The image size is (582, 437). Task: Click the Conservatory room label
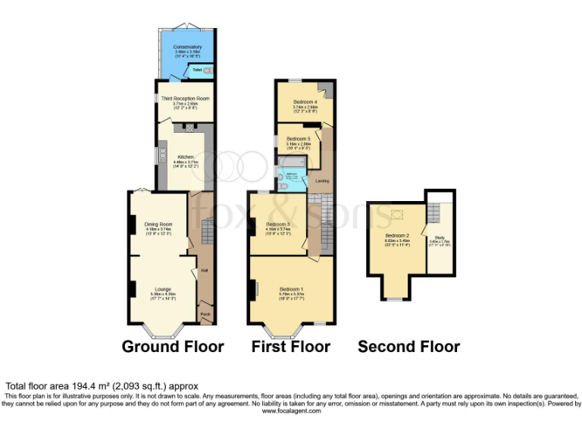[186, 47]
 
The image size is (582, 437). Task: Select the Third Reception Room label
[186, 99]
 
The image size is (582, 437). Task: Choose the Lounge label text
[162, 289]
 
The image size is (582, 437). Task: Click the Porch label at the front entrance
[205, 313]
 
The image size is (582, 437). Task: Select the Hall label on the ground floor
[205, 270]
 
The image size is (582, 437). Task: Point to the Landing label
[322, 181]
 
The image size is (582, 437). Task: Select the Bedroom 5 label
[299, 139]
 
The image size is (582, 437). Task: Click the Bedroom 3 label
[278, 225]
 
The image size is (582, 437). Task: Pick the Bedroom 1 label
[292, 289]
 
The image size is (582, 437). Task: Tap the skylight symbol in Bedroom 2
[397, 215]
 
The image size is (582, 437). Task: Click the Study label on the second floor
[440, 237]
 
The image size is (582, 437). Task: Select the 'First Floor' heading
[291, 347]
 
